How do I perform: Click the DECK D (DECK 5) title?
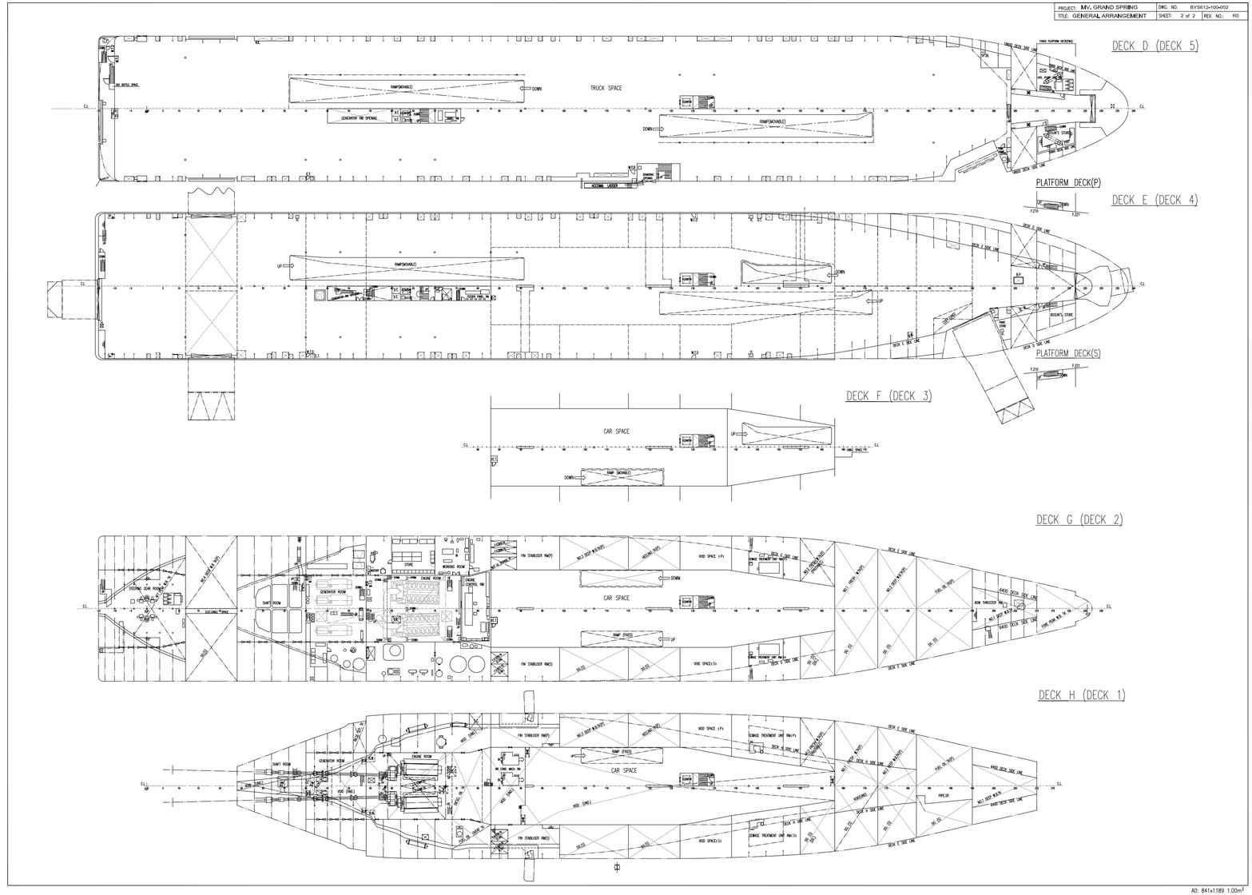[x=1155, y=46]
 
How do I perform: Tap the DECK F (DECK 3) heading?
[x=888, y=396]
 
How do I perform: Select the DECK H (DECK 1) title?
[x=1081, y=695]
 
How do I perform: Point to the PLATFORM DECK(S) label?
[x=1067, y=353]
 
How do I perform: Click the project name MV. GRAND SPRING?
[x=1109, y=7]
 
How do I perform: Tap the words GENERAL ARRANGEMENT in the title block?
[x=1111, y=16]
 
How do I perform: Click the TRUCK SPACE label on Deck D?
[x=606, y=88]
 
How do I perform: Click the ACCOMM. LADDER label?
[x=605, y=185]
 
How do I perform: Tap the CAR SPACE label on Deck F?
[x=616, y=432]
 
